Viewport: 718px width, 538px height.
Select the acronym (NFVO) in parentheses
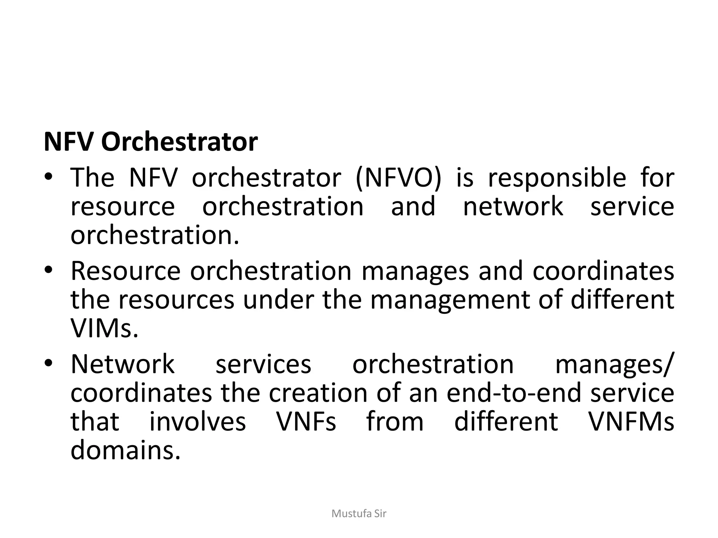398,178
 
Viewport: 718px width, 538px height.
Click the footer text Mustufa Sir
359,514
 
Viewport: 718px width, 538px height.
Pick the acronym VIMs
104,328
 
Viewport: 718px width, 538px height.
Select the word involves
198,421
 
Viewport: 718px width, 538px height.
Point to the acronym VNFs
306,421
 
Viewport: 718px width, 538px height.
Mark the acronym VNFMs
631,421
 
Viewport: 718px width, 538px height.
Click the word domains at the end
125,450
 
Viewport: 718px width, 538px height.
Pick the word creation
318,393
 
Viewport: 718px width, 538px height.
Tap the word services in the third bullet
263,365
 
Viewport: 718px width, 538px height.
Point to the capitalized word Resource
126,271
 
